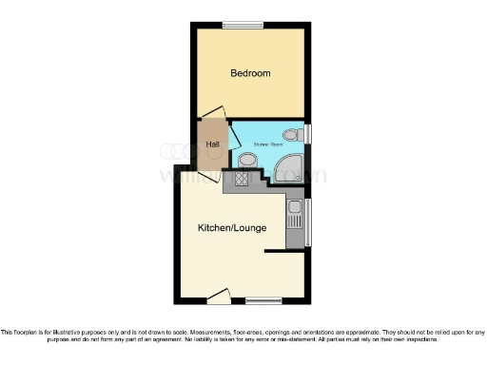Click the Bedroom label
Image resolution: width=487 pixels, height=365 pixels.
[251, 73]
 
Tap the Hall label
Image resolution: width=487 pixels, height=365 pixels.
[213, 145]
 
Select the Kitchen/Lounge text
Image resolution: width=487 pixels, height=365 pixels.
[232, 228]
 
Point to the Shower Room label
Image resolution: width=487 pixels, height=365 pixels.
[268, 144]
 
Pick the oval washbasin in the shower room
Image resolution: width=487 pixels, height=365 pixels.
[247, 159]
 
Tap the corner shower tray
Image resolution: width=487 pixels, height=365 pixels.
[288, 170]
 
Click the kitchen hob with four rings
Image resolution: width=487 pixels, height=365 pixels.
[243, 177]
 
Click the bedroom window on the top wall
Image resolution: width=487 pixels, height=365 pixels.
[243, 26]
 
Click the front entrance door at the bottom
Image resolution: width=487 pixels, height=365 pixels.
[218, 296]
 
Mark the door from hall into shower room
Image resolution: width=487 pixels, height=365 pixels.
[229, 134]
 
